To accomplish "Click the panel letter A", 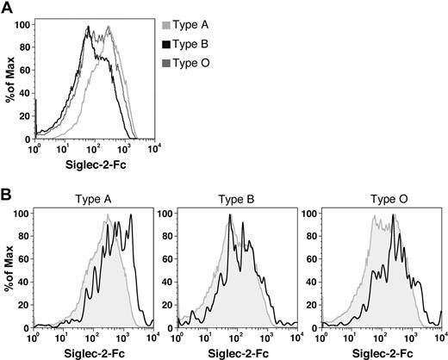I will (7, 8).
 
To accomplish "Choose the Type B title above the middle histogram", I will (235, 197).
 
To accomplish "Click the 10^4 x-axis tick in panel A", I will (154, 147).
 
